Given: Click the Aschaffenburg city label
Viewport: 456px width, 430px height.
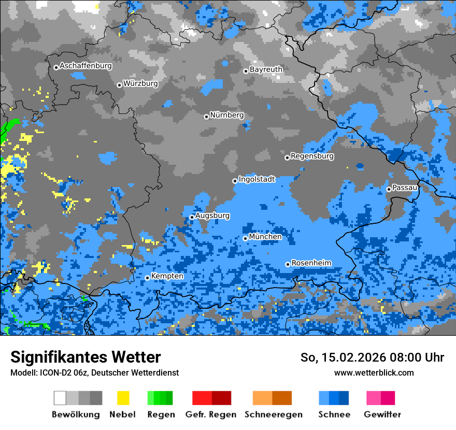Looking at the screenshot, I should point(85,66).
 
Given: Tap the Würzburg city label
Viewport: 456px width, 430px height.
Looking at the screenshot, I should point(140,83).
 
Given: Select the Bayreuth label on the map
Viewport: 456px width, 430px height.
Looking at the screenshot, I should point(266,69).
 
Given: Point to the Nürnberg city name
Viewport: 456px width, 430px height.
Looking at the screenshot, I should point(226,115).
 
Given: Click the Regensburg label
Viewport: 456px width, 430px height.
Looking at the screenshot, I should point(312,156).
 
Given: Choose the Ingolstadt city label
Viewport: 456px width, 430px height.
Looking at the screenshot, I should point(256,179).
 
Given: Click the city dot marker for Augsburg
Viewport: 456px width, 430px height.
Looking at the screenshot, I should point(192,217).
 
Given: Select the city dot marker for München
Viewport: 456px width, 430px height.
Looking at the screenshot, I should point(246,238).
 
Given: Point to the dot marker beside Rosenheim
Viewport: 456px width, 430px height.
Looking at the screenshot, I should point(288,264).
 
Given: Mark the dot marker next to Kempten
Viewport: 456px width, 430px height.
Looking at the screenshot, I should point(148,278).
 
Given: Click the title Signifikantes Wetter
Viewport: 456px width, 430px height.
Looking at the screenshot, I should point(85,357).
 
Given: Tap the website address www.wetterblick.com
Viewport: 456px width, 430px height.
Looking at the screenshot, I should point(374,372).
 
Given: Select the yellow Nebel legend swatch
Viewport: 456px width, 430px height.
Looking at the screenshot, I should point(123,398).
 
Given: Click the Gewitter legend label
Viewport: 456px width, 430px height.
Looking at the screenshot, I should point(382,414).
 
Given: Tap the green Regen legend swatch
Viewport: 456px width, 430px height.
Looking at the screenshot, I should point(160,398).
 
